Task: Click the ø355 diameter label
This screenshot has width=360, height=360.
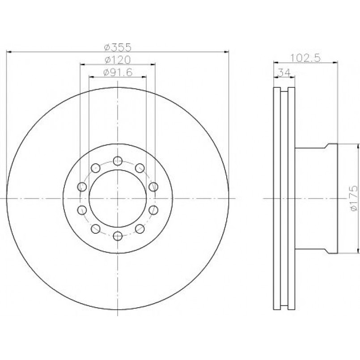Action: [118, 47]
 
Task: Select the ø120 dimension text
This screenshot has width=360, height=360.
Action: [118, 60]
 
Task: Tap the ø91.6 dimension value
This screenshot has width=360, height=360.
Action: [118, 72]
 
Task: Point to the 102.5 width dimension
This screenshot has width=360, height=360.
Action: [305, 58]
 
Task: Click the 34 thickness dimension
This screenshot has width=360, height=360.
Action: [284, 72]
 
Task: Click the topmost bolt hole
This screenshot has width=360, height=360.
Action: [118, 161]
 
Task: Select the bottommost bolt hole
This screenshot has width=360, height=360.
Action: [118, 236]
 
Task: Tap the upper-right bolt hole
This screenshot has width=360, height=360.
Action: [140, 168]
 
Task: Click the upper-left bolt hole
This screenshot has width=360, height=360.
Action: [96, 168]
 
